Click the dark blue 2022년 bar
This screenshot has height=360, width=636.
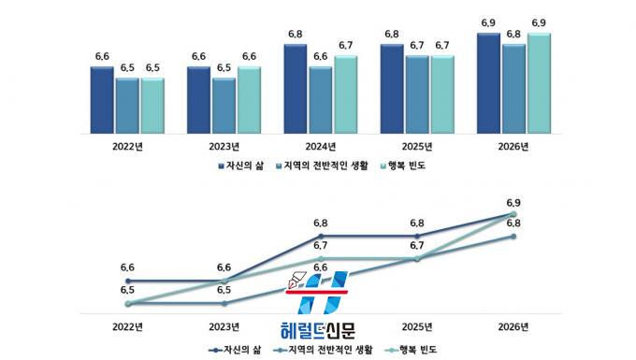pos(102,100)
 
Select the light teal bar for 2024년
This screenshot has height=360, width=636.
pos(345,94)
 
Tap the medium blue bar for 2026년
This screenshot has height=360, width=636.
pos(513,89)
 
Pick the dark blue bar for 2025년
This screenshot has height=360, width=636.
pos(392,89)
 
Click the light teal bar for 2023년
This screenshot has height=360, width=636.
pos(249,100)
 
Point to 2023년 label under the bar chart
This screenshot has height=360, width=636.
pos(224,147)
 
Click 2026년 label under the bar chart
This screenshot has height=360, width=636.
pos(513,147)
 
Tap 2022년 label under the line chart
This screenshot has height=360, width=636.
pos(128,326)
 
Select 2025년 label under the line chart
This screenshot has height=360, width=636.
pos(417,326)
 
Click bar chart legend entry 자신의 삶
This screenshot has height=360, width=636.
pos(241,166)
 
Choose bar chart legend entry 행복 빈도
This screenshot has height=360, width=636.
pos(403,166)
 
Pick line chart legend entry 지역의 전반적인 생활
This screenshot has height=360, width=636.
pos(324,350)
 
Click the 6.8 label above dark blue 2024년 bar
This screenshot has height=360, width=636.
pos(296,34)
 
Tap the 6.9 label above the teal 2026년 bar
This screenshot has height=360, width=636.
pos(539,23)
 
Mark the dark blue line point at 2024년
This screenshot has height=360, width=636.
pos(321,236)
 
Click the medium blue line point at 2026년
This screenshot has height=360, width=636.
pos(513,236)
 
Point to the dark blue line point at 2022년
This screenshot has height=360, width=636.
pos(128,281)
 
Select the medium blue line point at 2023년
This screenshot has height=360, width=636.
pos(224,303)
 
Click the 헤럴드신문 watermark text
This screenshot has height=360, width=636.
pos(318,330)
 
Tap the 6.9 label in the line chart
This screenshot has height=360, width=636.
pos(513,203)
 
